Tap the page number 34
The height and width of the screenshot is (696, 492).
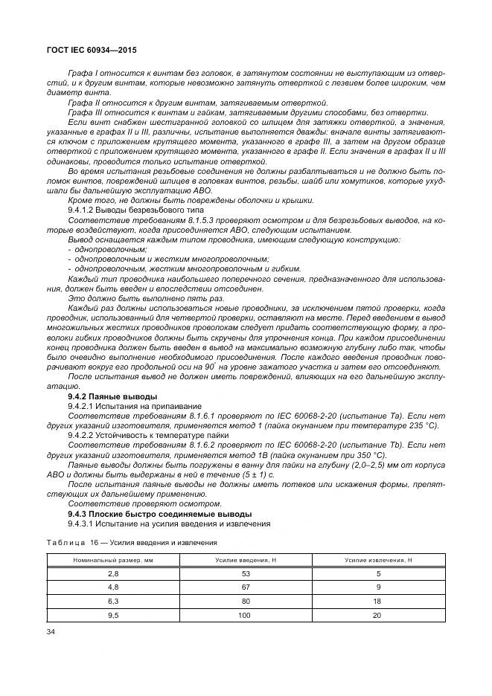coord(52,632)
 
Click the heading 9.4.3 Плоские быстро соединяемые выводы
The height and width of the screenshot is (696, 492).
coord(159,513)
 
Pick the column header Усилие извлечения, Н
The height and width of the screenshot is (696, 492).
coord(378,559)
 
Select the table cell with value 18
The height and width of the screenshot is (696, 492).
coord(378,602)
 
